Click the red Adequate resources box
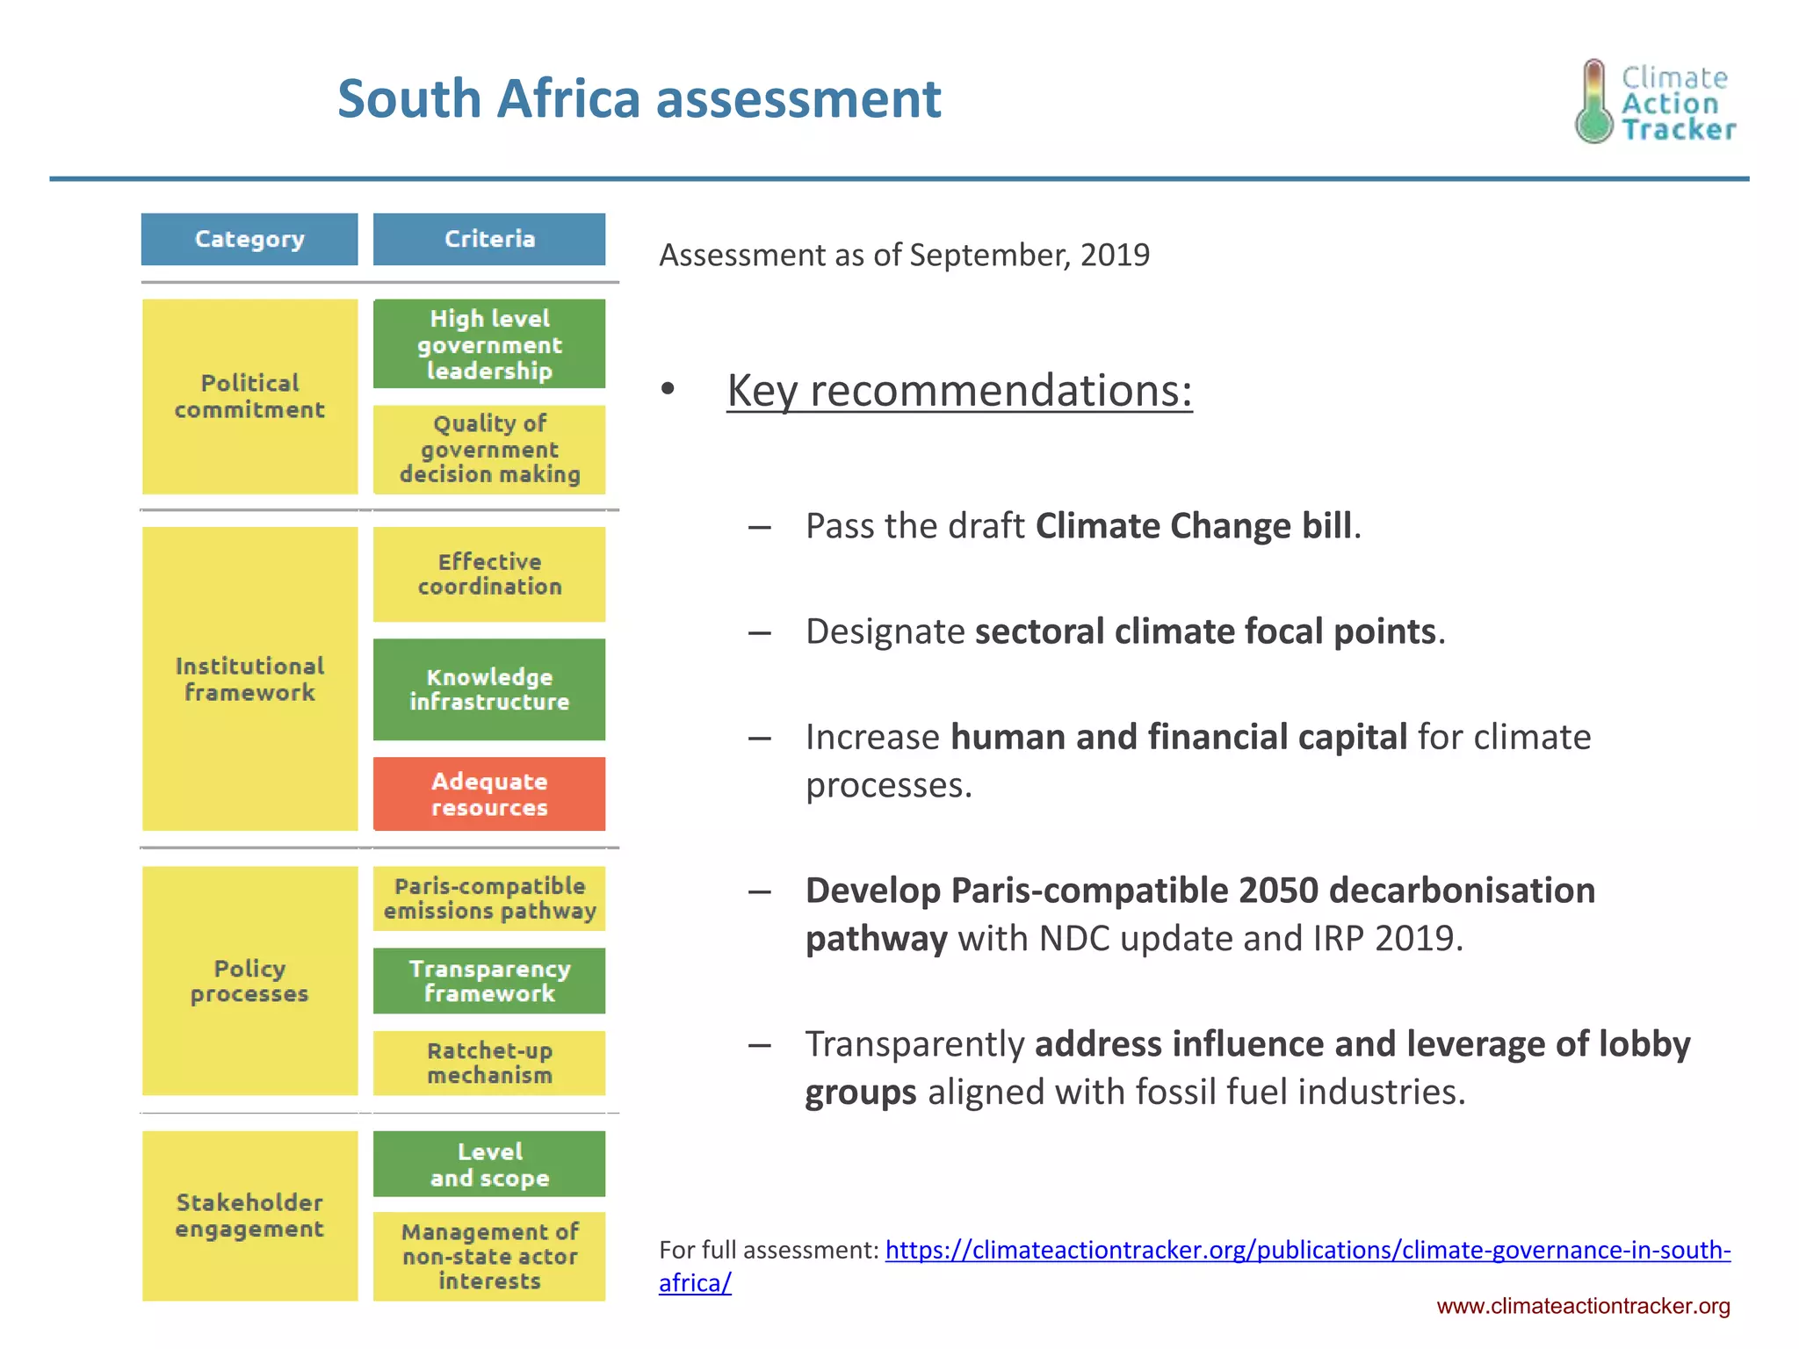point(489,794)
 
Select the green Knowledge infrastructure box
point(489,689)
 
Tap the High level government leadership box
point(489,344)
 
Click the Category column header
point(249,239)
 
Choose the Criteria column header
point(489,239)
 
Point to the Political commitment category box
point(249,397)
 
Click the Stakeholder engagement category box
point(249,1216)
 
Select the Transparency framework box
point(489,981)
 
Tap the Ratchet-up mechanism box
point(489,1063)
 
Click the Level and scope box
point(489,1164)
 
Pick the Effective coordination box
point(489,574)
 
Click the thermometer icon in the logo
point(1593,102)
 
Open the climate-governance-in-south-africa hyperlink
point(1307,1250)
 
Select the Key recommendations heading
point(959,391)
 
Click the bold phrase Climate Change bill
point(1195,526)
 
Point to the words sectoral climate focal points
point(1205,631)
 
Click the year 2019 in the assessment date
point(1115,255)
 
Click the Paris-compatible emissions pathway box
point(489,898)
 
